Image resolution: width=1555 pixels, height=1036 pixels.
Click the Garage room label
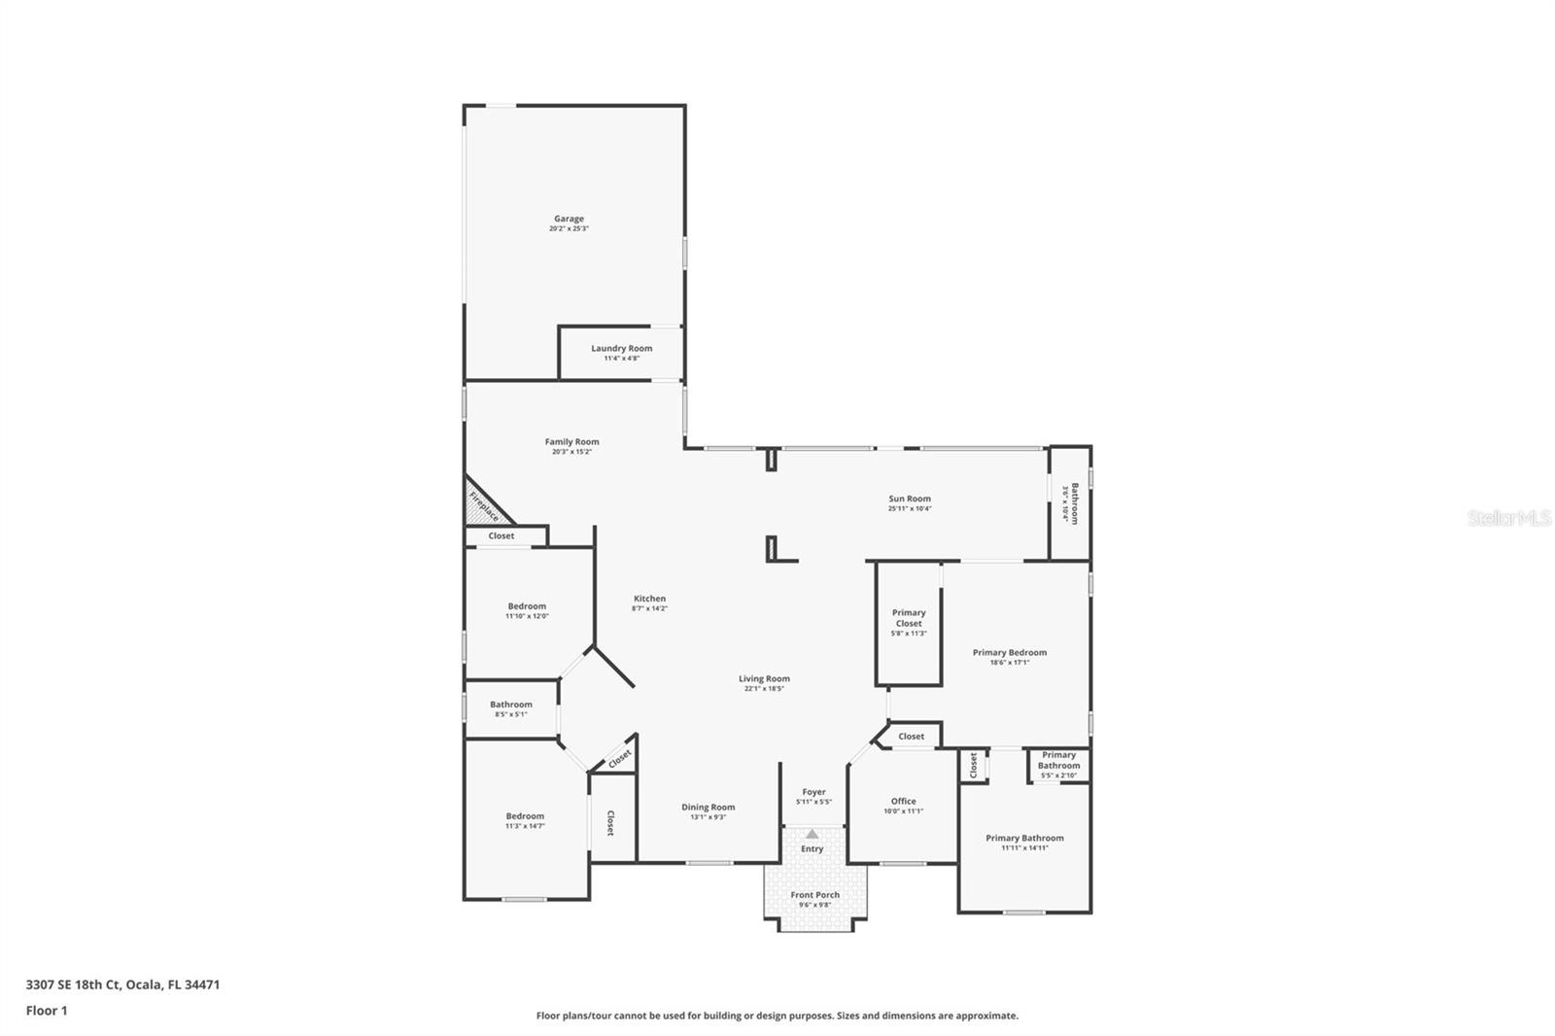pyautogui.click(x=569, y=219)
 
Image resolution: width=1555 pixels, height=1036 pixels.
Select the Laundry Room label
pyautogui.click(x=621, y=348)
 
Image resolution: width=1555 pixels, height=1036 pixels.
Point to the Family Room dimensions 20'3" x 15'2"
pyautogui.click(x=571, y=452)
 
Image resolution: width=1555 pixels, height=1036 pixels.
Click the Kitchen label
pyautogui.click(x=649, y=599)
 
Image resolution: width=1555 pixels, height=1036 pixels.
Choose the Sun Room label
pyautogui.click(x=909, y=499)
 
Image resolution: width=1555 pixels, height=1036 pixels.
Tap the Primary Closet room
pyautogui.click(x=909, y=622)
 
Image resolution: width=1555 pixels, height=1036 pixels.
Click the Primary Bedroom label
pyautogui.click(x=1009, y=652)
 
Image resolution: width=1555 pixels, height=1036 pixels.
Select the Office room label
pyautogui.click(x=903, y=801)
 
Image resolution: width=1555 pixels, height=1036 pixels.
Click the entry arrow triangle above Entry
pyautogui.click(x=812, y=834)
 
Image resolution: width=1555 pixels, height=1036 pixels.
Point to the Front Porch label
pyautogui.click(x=814, y=894)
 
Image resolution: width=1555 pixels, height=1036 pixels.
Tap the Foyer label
pyautogui.click(x=813, y=792)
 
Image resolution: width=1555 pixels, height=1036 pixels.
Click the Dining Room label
pyautogui.click(x=708, y=807)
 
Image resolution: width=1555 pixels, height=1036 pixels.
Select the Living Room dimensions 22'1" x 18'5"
pyautogui.click(x=764, y=689)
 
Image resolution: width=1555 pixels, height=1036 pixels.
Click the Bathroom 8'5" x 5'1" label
pyautogui.click(x=510, y=705)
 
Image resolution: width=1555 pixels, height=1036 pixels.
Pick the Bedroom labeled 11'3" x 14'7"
pyautogui.click(x=525, y=816)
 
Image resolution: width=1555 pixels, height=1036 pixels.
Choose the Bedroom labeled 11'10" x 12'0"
pyautogui.click(x=527, y=606)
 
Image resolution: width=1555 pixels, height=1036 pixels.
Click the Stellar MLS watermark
pyautogui.click(x=1508, y=518)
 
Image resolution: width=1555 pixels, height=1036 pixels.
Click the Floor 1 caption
pyautogui.click(x=47, y=1011)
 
